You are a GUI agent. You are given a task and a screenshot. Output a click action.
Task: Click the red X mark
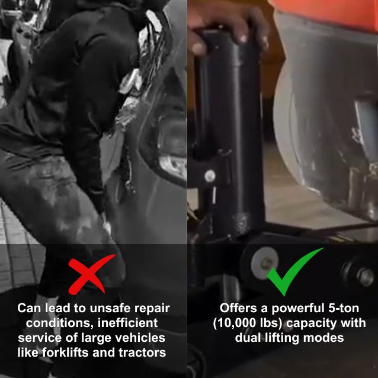click(90, 274)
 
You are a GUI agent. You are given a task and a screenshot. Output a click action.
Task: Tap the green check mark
click(292, 271)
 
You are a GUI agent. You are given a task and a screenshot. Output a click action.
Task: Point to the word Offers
click(240, 308)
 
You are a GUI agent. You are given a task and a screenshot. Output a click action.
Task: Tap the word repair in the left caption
click(152, 308)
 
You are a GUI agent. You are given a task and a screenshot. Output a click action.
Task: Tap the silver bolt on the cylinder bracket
click(209, 175)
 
